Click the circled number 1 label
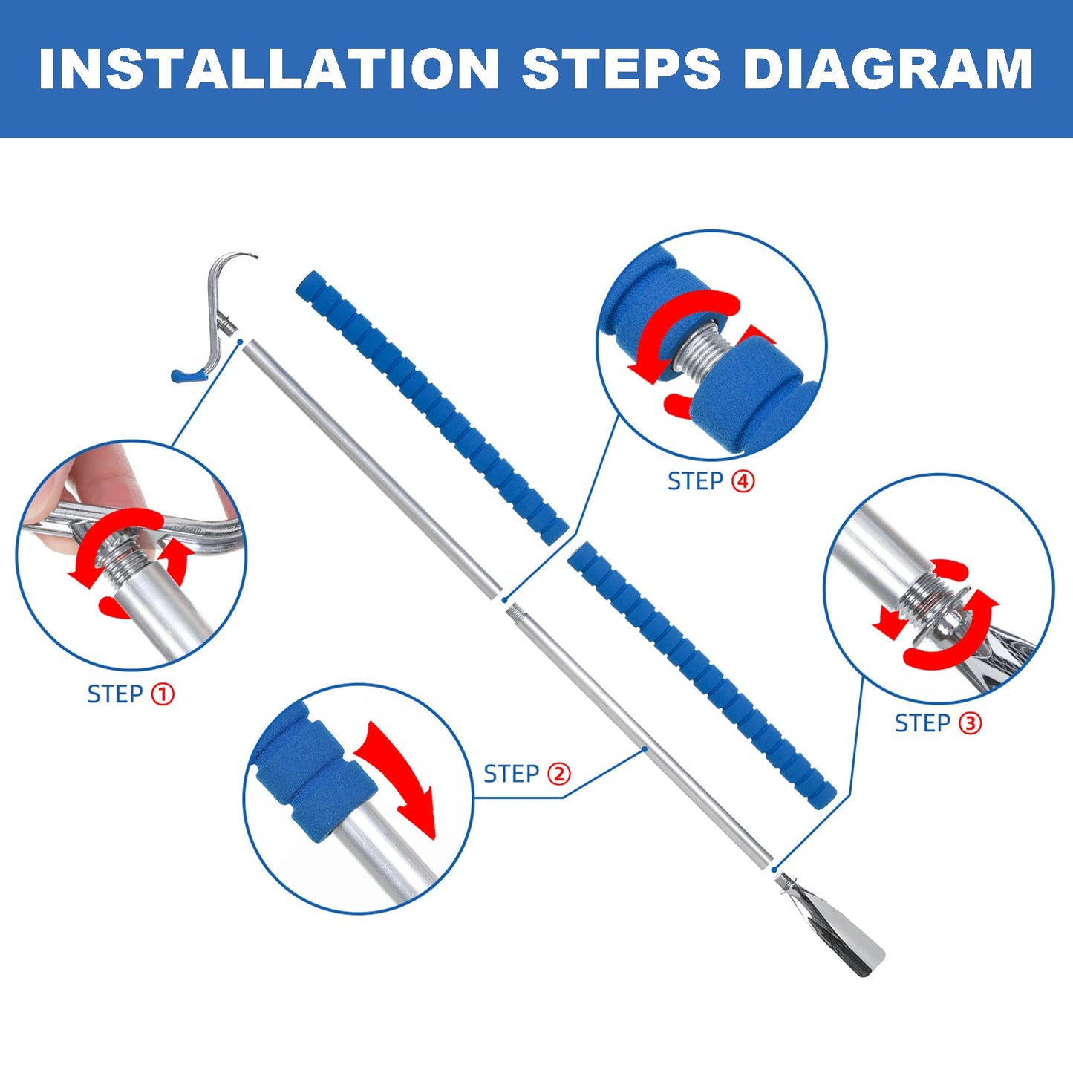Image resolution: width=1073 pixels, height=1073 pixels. coord(163,694)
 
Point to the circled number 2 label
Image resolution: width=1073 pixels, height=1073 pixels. coord(559,774)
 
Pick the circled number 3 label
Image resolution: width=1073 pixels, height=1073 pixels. coord(971,723)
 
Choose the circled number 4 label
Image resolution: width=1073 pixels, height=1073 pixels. coord(743,481)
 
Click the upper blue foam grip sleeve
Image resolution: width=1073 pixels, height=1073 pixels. coord(431,402)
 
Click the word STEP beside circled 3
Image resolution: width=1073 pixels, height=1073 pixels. coord(922,723)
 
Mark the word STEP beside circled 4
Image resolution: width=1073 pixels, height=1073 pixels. coord(695,481)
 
